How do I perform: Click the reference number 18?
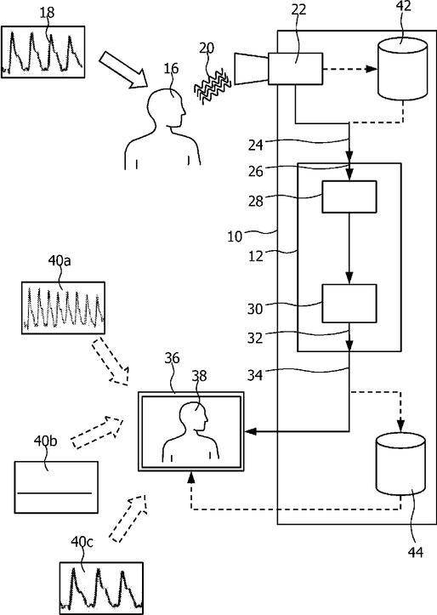[47, 13]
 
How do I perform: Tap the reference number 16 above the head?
[171, 68]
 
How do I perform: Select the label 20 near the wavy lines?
[207, 48]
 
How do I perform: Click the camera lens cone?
[251, 69]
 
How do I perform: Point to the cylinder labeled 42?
[402, 69]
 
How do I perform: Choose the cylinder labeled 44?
[400, 464]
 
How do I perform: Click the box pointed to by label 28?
[349, 196]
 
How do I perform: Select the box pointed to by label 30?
[349, 304]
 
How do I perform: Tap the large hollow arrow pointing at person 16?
[122, 70]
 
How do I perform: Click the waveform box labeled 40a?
[63, 308]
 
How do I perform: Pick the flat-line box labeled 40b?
[56, 487]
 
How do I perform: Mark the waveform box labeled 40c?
[101, 588]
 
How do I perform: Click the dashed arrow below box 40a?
[111, 362]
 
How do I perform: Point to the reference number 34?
[255, 376]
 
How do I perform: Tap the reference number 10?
[235, 237]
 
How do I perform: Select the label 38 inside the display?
[199, 376]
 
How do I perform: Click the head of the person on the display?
[193, 417]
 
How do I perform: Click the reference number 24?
[256, 145]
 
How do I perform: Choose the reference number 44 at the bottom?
[416, 552]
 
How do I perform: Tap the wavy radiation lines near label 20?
[213, 86]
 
